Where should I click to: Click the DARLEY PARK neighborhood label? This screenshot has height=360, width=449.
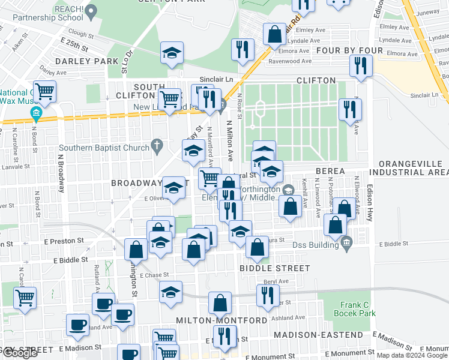87,61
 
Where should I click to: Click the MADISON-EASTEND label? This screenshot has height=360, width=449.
318,335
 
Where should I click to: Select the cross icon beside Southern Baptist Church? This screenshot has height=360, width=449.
157,145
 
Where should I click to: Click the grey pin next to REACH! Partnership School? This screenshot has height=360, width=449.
91,11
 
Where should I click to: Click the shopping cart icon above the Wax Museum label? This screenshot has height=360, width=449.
44,91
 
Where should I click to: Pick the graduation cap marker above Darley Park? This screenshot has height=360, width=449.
172,52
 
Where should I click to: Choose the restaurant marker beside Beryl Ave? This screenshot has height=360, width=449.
267,295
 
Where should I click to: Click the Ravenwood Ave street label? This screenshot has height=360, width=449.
290,61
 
